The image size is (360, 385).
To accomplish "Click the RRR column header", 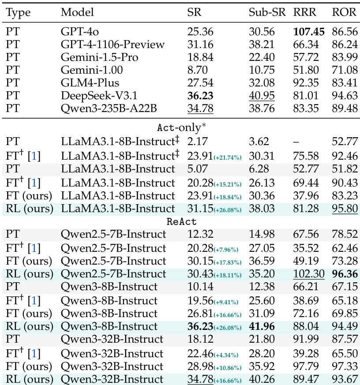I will click(304, 12).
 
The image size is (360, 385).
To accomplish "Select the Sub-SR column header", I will click(264, 12).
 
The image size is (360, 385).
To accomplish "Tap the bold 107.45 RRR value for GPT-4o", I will click(309, 32).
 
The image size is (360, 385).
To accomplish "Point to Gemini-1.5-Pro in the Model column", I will click(99, 57).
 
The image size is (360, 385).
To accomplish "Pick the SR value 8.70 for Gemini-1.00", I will click(196, 70).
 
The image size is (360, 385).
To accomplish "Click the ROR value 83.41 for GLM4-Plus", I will click(344, 82).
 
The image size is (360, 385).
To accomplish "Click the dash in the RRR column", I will click(296, 142).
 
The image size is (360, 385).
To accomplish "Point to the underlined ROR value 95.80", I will click(344, 209).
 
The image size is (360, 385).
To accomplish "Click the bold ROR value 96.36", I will click(344, 273).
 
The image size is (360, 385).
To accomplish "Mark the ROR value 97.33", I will click(344, 366).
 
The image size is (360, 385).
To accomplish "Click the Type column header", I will click(18, 12).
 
